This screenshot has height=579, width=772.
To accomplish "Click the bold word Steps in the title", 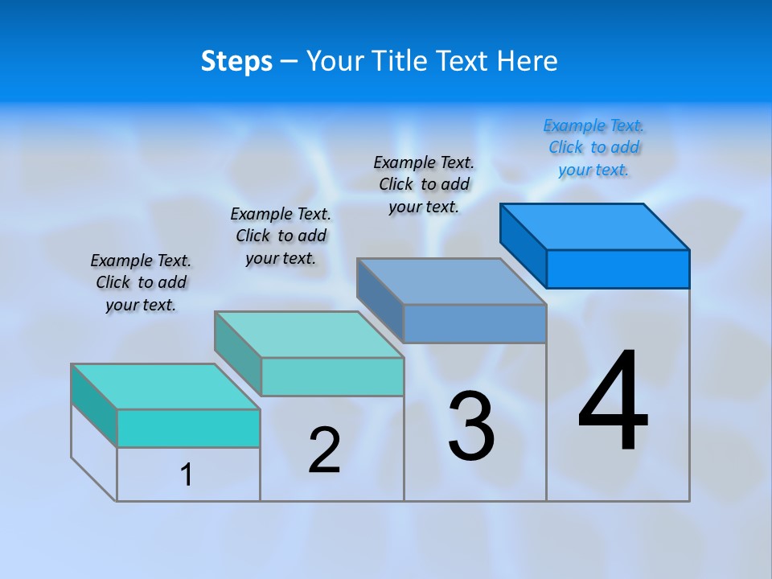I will click(x=236, y=61).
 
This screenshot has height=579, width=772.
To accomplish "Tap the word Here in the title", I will click(x=528, y=61).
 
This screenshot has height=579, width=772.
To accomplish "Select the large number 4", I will click(x=613, y=402).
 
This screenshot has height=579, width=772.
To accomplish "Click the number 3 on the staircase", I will click(x=471, y=426).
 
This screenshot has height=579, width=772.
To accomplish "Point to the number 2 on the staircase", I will click(x=324, y=450).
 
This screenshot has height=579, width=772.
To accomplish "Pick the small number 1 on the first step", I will click(x=187, y=474).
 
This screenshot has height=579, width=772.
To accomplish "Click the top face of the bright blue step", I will click(x=595, y=226).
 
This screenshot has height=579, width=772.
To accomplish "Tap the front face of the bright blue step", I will click(x=618, y=269).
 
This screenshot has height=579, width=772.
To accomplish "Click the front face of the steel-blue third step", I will click(x=474, y=323).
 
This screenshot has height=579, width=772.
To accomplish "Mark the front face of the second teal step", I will click(x=332, y=376).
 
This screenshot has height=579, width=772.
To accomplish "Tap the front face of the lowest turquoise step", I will click(x=188, y=428).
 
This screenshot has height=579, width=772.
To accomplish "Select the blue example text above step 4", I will click(x=593, y=148).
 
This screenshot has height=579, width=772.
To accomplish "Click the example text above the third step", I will click(x=424, y=184).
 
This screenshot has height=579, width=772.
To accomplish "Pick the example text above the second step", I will click(x=281, y=236).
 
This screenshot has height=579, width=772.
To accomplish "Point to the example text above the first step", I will click(x=141, y=282).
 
